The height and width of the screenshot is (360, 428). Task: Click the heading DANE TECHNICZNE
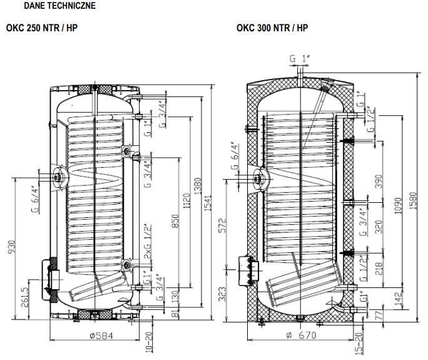(x=59, y=6)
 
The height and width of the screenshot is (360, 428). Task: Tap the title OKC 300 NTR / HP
(x=272, y=28)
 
